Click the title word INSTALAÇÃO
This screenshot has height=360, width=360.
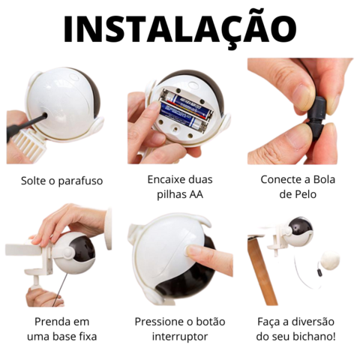tap(180, 28)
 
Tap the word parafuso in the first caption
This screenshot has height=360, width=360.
tap(80, 181)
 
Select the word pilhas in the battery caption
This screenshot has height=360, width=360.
tap(170, 194)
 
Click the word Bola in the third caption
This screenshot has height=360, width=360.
tap(323, 179)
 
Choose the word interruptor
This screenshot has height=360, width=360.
tap(180, 337)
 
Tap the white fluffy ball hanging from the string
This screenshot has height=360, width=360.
tap(330, 259)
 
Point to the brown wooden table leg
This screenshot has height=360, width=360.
tap(262, 270)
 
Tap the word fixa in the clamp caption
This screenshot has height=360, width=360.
tap(87, 337)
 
